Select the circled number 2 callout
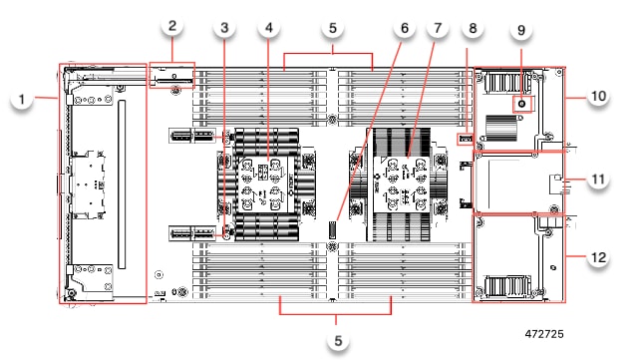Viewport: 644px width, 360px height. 171,26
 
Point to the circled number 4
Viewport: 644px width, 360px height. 268,29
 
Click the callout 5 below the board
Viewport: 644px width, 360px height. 339,340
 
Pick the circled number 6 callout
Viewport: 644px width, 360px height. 404,29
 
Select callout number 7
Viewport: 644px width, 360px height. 436,29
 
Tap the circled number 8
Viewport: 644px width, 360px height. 473,29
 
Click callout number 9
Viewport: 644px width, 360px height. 520,31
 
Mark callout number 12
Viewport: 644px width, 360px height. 598,257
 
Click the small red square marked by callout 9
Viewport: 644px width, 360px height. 520,104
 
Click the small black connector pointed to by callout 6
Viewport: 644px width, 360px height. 335,239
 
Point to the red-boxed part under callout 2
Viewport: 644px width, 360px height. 171,76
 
